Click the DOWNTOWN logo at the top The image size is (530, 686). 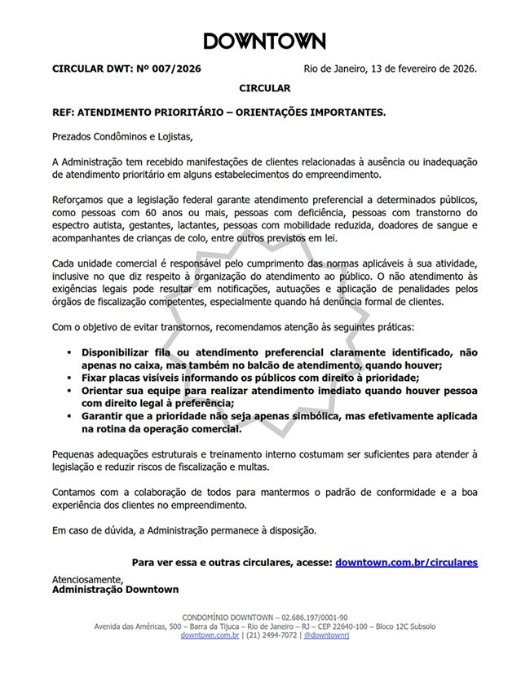264,42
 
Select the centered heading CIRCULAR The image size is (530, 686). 264,87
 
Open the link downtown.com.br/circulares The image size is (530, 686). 406,562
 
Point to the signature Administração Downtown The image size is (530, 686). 115,589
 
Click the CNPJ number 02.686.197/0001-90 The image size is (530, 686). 314,617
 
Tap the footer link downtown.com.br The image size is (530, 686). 210,635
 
